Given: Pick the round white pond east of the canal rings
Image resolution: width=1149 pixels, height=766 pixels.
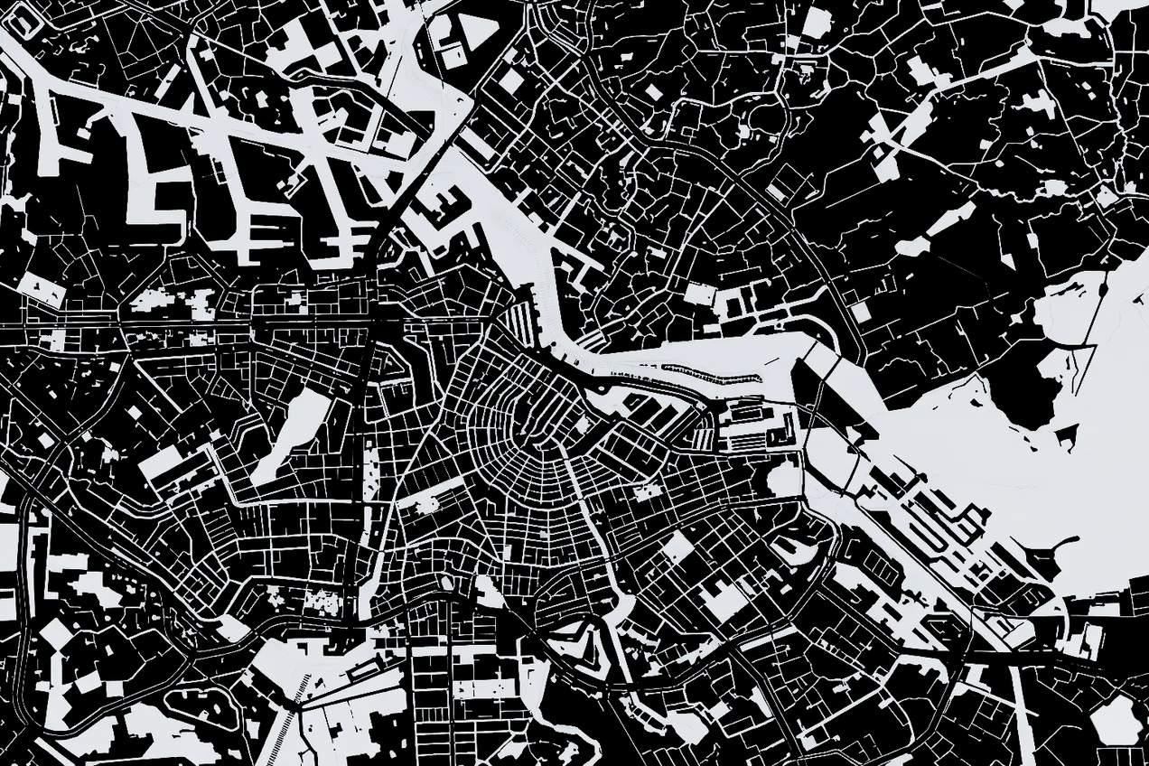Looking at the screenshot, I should pos(782,477).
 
